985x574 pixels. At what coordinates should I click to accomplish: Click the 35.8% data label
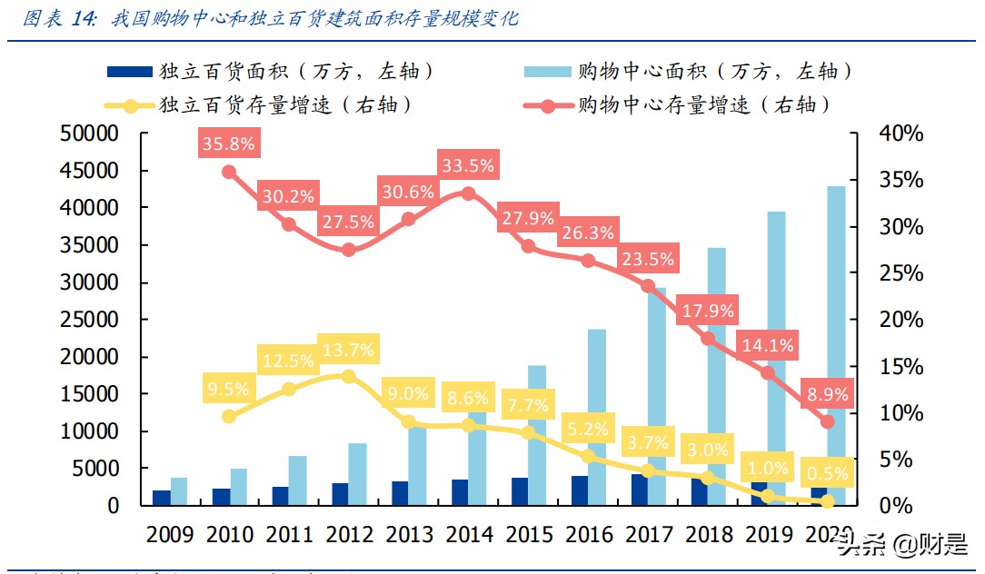coord(229,143)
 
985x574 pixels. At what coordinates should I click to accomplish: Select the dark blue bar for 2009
coord(161,498)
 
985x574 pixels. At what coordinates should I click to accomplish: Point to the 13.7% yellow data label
coord(349,350)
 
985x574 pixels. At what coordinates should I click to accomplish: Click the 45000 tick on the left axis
coord(89,171)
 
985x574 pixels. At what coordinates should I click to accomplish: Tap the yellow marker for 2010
coord(229,416)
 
